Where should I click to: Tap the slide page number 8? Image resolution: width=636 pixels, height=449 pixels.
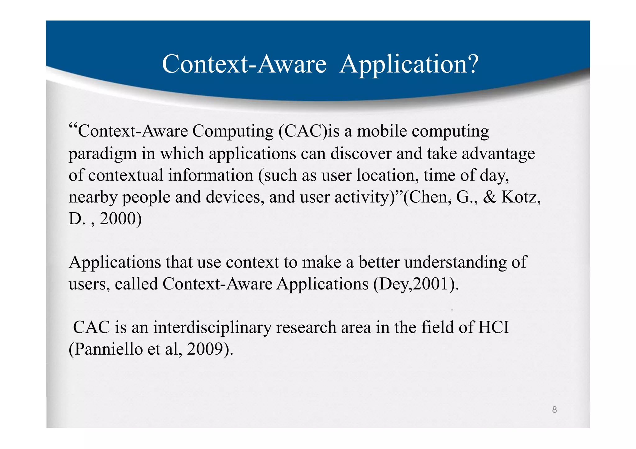(554, 410)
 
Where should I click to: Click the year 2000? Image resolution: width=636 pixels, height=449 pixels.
(118, 219)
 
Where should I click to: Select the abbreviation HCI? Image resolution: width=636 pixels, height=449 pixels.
(493, 327)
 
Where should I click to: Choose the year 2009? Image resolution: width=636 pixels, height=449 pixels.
(205, 349)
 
